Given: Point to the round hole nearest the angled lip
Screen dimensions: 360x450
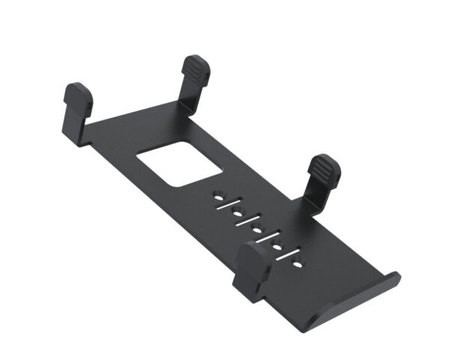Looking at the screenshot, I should [x=298, y=264].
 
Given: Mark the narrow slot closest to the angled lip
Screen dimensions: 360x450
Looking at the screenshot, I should [x=289, y=255].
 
